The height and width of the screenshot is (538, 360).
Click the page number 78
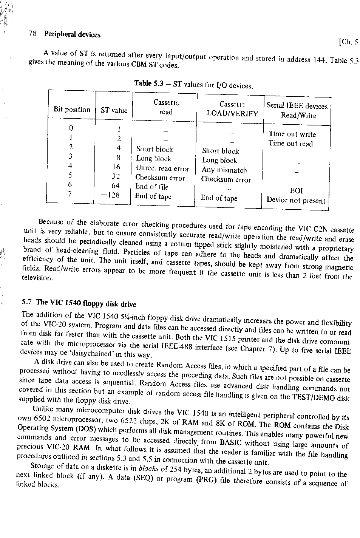pyautogui.click(x=32, y=33)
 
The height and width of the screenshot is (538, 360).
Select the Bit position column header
pyautogui.click(x=72, y=110)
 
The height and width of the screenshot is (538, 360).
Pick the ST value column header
pyautogui.click(x=114, y=110)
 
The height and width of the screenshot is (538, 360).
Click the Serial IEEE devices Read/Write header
pyautogui.click(x=297, y=110)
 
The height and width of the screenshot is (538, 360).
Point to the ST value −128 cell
pyautogui.click(x=110, y=195)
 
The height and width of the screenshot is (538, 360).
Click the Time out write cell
pyautogui.click(x=292, y=134)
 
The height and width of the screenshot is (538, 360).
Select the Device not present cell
pyautogui.click(x=296, y=201)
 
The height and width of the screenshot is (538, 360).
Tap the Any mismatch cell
pyautogui.click(x=224, y=170)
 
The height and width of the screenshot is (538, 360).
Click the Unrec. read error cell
pyautogui.click(x=162, y=169)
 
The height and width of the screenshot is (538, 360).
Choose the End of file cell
pyautogui.click(x=152, y=187)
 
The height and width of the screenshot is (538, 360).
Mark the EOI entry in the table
pyautogui.click(x=296, y=191)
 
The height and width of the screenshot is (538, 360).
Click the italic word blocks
pyautogui.click(x=148, y=469)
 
